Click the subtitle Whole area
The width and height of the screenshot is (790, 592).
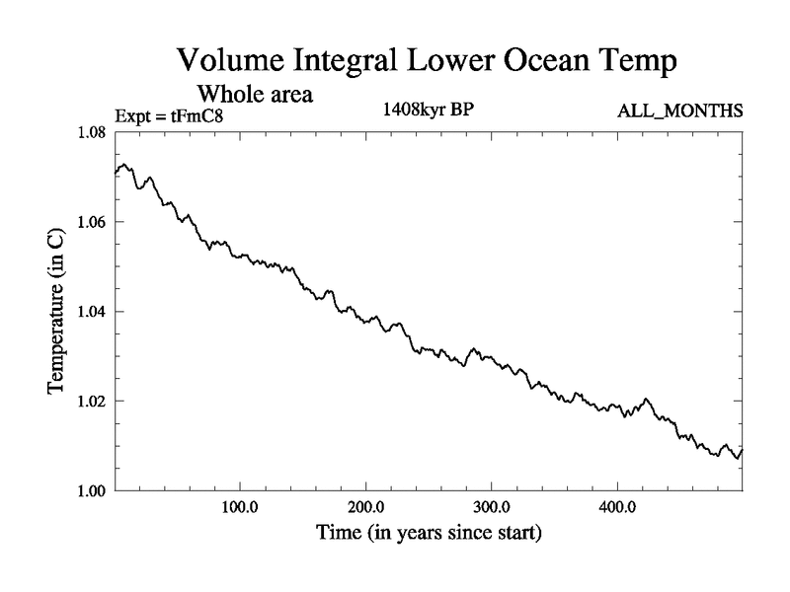coord(256,95)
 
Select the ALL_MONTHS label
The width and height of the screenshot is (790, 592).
coord(679,111)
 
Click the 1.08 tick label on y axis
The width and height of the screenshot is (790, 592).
coord(92,133)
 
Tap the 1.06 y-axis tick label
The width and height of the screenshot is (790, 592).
coord(92,222)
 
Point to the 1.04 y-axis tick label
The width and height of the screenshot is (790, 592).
coord(92,312)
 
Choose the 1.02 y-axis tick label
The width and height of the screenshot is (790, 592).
coord(92,401)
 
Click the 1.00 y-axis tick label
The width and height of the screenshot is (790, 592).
coord(92,490)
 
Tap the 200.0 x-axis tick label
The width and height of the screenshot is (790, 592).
coord(366,509)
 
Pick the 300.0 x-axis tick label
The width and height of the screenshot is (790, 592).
coord(492,509)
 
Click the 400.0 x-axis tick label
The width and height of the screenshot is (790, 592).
coord(617,509)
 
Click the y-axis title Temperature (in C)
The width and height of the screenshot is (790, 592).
coord(56,311)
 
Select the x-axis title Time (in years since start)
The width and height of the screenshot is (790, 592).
coord(429,535)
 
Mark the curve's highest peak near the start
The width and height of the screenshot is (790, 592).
coord(124,165)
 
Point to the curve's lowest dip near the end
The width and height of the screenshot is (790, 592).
coord(736,459)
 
